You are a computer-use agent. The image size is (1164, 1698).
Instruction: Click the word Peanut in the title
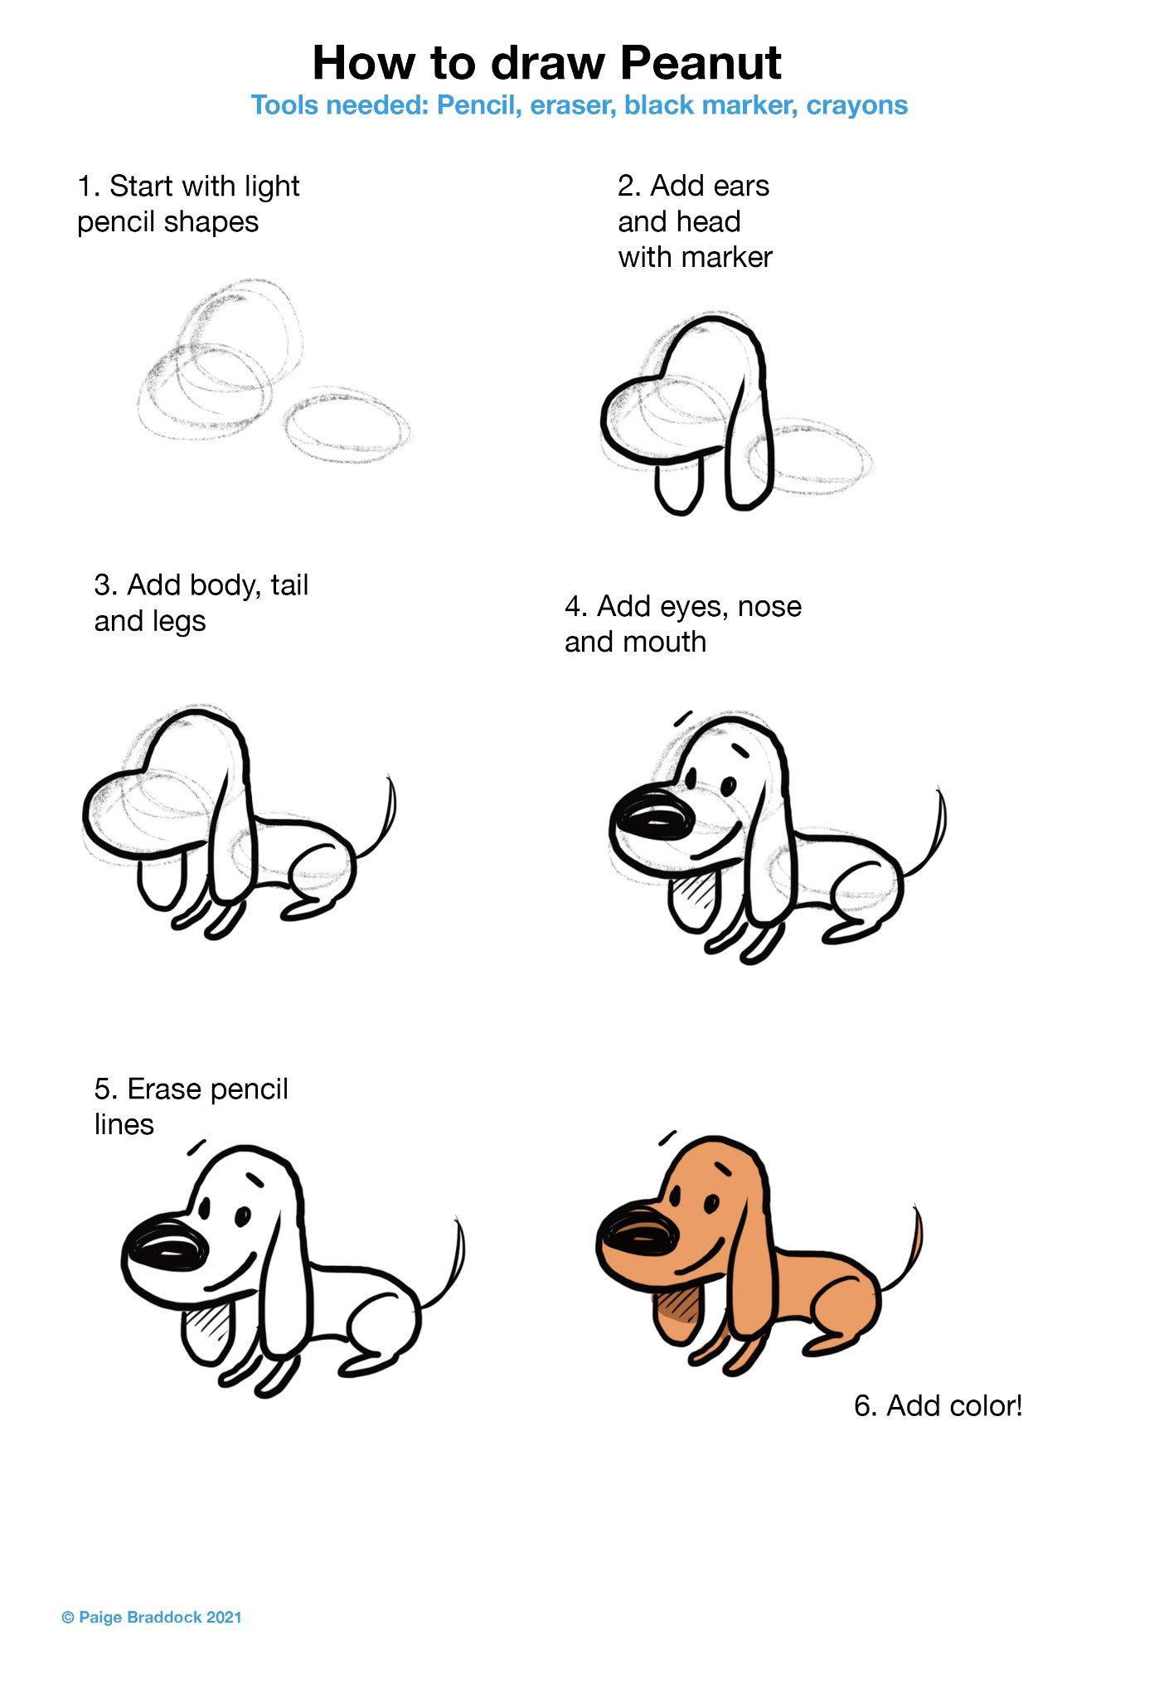701,63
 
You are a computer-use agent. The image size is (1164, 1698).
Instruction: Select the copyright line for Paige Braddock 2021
152,1618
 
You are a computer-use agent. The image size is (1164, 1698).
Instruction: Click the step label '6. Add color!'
938,1405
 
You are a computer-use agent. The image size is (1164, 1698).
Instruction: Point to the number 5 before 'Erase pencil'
102,1089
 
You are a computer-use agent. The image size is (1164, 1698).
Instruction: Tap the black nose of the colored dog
638,1239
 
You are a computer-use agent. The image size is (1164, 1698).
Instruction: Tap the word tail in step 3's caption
289,585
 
